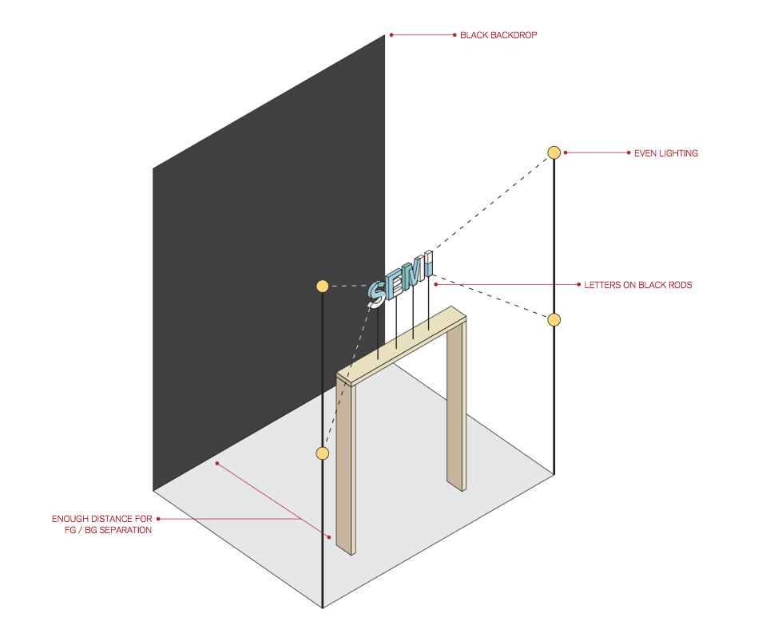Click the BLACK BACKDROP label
498,35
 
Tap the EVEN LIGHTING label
666,153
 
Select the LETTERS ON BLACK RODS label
638,285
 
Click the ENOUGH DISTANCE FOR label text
102,519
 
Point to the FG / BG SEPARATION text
108,530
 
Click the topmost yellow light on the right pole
554,152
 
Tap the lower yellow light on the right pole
554,320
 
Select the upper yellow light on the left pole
322,286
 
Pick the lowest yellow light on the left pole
322,453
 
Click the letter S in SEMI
377,294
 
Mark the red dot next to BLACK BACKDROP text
391,35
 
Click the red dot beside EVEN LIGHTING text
566,152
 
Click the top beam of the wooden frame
401,346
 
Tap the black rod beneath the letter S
378,333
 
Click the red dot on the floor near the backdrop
217,463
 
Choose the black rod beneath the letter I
429,303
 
